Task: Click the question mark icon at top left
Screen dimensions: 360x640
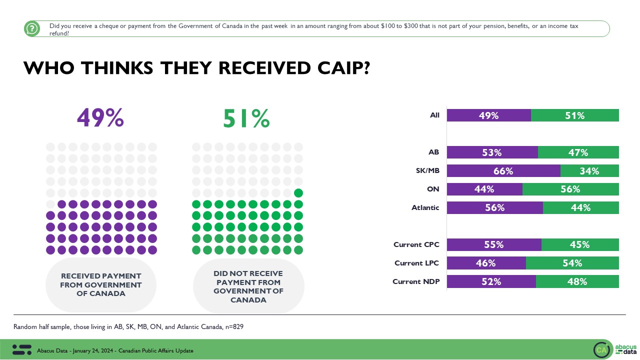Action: [x=32, y=29]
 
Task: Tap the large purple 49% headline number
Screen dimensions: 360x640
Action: [x=100, y=118]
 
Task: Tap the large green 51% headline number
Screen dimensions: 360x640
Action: [x=246, y=118]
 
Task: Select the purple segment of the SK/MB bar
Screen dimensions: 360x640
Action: [x=503, y=171]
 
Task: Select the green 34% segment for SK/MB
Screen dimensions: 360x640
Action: [x=589, y=171]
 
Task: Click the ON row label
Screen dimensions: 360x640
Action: [x=433, y=189]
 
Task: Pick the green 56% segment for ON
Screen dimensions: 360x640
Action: [x=570, y=189]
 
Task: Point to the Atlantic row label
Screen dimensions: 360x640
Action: [x=426, y=207]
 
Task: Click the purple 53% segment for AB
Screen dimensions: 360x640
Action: [x=492, y=152]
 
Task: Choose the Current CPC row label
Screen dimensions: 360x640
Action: [x=416, y=244]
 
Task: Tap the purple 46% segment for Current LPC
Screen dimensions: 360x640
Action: [x=486, y=263]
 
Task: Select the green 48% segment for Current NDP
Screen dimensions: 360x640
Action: [x=577, y=281]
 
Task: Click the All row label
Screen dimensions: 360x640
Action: [x=434, y=115]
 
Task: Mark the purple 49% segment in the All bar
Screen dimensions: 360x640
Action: [x=488, y=115]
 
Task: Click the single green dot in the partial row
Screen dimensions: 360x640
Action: [x=298, y=192]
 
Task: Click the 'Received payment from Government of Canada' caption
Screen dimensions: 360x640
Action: [x=101, y=285]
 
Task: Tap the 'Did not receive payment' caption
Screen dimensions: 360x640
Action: [x=248, y=287]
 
